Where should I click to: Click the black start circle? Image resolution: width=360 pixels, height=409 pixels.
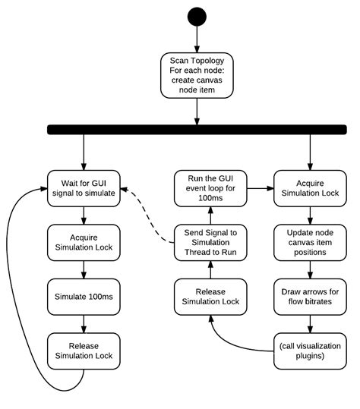[197, 17]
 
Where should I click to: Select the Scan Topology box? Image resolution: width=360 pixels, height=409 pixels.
[197, 75]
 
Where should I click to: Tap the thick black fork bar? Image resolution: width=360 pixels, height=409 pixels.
[197, 130]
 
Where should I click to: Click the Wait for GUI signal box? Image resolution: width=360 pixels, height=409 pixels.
[84, 188]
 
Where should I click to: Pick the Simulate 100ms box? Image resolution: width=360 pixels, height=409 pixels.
[84, 297]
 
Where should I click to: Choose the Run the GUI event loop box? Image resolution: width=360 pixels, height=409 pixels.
[210, 188]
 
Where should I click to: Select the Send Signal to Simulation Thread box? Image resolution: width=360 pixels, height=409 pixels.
[210, 243]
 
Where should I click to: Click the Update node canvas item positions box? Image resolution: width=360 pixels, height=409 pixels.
[310, 243]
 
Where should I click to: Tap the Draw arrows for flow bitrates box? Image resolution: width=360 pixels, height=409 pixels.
[310, 297]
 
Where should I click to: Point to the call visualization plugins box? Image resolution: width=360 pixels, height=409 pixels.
[310, 351]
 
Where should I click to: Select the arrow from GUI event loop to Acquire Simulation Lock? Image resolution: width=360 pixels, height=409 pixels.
[261, 188]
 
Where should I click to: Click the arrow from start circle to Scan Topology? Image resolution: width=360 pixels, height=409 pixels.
[197, 39]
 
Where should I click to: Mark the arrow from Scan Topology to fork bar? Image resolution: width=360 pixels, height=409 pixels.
[197, 112]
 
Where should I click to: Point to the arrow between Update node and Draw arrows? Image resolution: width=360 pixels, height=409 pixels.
[310, 269]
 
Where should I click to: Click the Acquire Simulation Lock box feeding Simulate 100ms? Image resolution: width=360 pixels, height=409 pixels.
[84, 243]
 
